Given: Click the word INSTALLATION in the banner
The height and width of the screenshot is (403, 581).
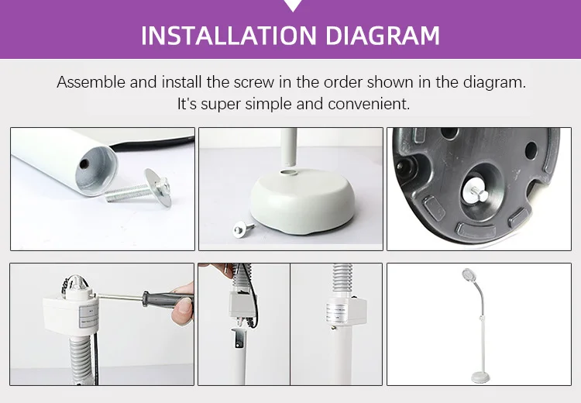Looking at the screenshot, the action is point(229,36).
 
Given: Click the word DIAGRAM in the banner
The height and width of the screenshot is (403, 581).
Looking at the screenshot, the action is point(383,36).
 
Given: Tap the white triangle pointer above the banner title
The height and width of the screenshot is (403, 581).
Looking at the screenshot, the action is point(293,5).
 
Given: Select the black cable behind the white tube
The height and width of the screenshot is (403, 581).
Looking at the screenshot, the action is point(152,144).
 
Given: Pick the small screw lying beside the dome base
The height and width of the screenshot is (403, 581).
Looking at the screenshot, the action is point(243,228).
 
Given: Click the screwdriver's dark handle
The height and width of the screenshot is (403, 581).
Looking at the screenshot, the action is point(167,298).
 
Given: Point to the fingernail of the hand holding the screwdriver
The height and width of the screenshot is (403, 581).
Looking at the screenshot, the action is point(184,307).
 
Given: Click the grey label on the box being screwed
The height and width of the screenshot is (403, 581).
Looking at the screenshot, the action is point(89,317).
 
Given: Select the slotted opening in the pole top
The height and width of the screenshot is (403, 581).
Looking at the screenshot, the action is point(239,337).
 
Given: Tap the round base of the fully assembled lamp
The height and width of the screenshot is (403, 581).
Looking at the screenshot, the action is point(480,377).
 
